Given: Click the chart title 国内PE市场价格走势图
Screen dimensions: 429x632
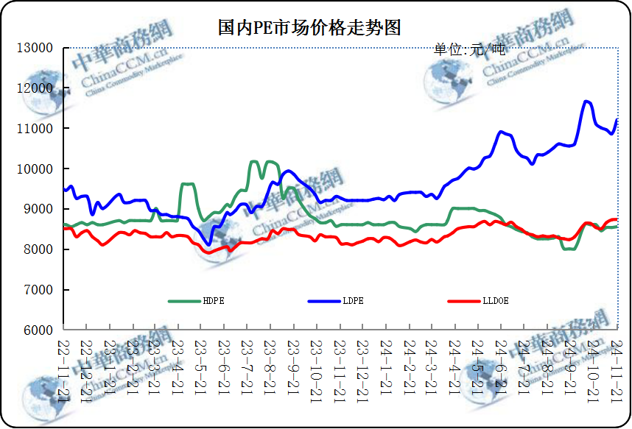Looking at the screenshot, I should point(309,28).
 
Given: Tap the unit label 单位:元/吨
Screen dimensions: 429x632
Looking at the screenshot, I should point(469,50).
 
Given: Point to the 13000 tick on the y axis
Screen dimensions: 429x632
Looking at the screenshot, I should point(35,48).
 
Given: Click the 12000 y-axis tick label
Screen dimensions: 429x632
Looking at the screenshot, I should point(35,88).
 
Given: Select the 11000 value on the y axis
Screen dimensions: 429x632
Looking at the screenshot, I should point(35,129).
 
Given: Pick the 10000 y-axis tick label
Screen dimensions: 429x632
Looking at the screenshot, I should point(35,169).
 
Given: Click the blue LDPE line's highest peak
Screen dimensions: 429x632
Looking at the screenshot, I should point(587,102).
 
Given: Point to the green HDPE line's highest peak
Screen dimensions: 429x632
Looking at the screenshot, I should point(253,162).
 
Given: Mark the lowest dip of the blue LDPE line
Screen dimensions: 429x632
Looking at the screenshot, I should point(209,244).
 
